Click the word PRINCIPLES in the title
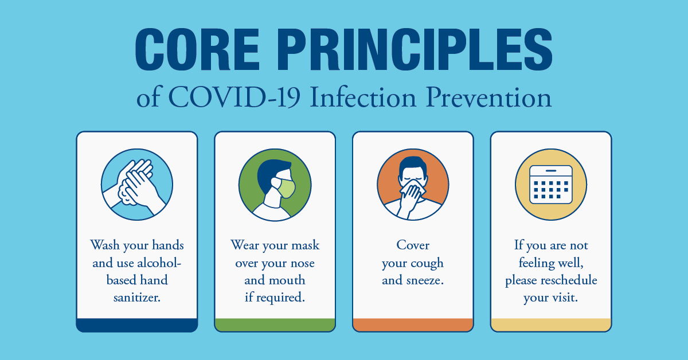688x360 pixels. coord(415,49)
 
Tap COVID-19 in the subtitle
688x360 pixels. coord(234,97)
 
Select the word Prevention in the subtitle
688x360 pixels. coord(488,97)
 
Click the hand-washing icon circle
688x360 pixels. coord(137,185)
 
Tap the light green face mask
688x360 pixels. coord(286,188)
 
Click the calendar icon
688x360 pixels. coord(551,185)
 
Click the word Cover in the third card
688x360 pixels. coord(413,245)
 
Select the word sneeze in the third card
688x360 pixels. coord(424,280)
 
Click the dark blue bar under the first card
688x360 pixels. coord(137,325)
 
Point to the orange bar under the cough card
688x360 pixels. coord(413,325)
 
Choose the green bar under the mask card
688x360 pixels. coord(275,325)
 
